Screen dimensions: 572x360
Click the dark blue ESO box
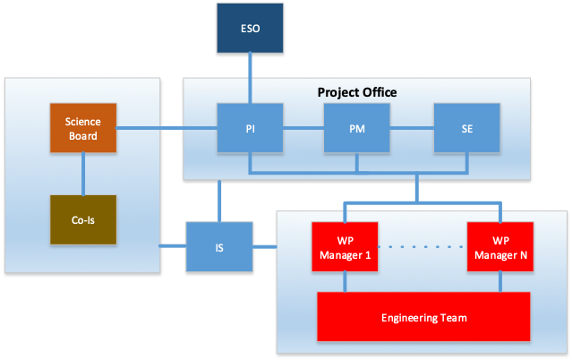tap(250, 28)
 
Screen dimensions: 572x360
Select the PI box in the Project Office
tap(250, 128)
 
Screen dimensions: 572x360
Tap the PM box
tap(357, 128)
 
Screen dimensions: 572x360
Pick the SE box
tap(466, 128)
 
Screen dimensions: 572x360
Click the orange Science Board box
tap(83, 128)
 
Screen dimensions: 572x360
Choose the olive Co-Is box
tap(83, 219)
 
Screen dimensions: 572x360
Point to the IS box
tap(219, 247)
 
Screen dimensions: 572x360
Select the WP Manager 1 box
tap(345, 247)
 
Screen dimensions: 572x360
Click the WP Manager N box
tap(500, 247)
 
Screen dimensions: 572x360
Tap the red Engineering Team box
tap(423, 316)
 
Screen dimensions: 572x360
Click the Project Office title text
tap(357, 92)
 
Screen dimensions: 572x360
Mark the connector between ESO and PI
tap(250, 78)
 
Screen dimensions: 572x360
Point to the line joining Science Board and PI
tap(166, 128)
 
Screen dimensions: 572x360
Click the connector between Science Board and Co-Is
tap(83, 174)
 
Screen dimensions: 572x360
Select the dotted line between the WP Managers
tap(423, 247)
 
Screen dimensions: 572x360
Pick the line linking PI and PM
tap(303, 128)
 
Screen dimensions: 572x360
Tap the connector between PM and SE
tap(412, 128)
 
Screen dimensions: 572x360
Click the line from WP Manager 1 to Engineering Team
tap(345, 281)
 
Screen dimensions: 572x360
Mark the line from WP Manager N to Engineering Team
tap(500, 281)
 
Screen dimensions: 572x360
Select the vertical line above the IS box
tap(219, 201)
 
